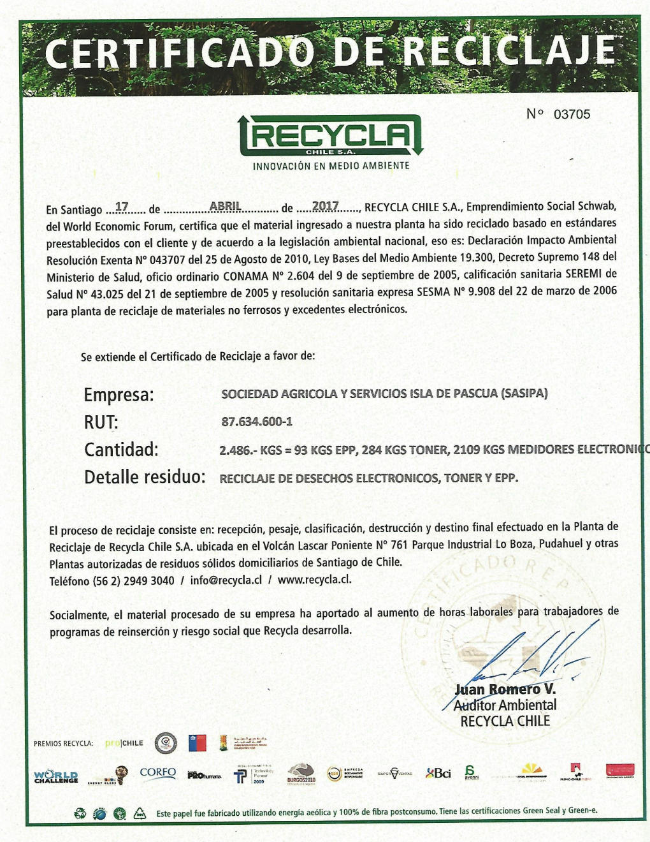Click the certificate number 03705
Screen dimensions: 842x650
(572, 114)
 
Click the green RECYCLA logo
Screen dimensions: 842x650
(331, 135)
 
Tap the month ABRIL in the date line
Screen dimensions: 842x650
(225, 206)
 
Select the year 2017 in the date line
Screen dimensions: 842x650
(325, 206)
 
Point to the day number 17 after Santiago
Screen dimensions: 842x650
(122, 207)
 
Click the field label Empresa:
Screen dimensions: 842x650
(119, 395)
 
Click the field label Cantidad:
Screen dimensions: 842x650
(121, 450)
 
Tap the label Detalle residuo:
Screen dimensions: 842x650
(145, 477)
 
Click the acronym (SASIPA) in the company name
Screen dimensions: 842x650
(524, 393)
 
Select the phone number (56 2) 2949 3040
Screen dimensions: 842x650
(134, 581)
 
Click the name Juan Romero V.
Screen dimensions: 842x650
(505, 690)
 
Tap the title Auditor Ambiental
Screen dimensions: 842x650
(505, 705)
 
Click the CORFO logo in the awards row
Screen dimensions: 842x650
(157, 773)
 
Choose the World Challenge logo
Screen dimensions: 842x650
(56, 776)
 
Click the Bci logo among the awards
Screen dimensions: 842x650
(438, 773)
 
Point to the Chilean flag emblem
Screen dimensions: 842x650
(197, 742)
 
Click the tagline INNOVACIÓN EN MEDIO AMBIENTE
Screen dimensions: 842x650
(331, 166)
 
